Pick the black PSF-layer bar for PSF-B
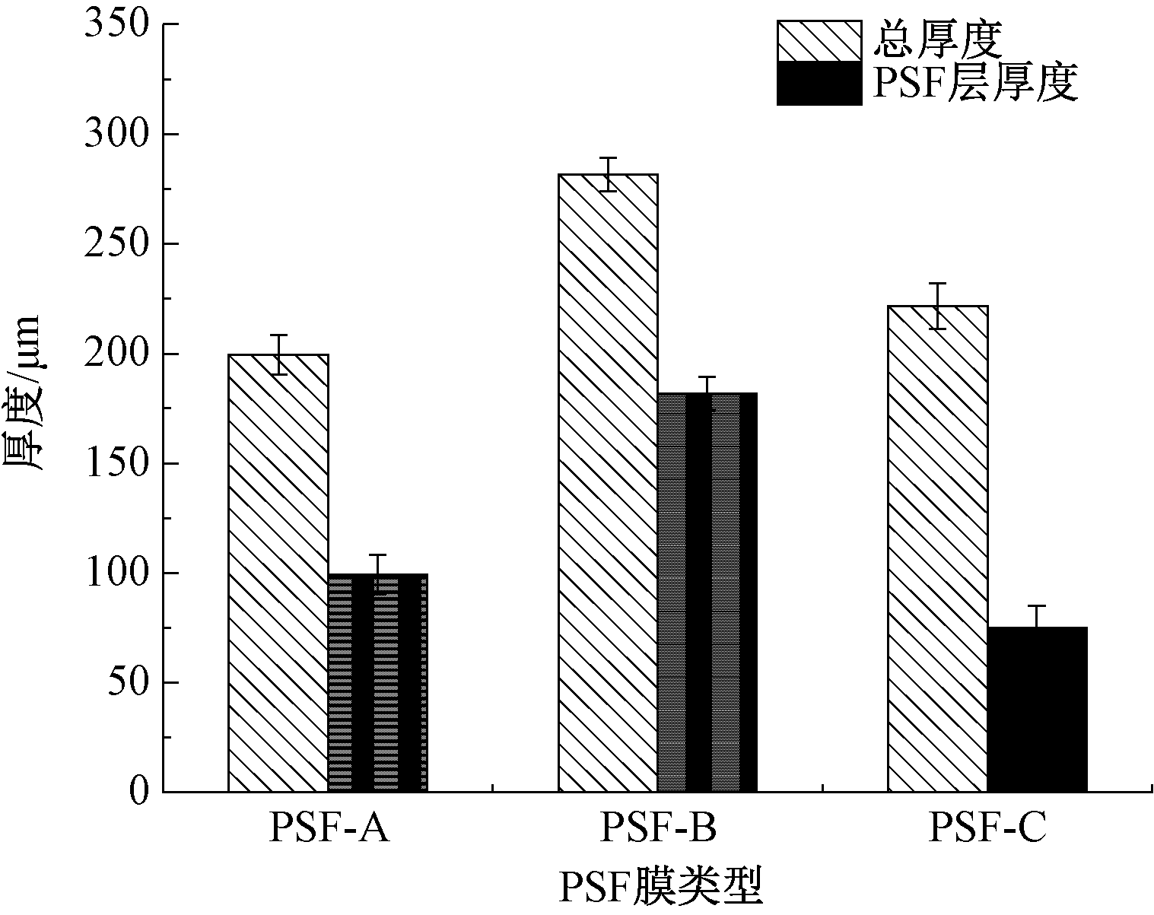(x=707, y=593)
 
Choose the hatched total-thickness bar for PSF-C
(x=938, y=548)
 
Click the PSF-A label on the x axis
(x=329, y=829)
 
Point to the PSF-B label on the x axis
(x=658, y=829)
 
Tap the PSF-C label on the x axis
(x=987, y=829)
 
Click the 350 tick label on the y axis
(x=115, y=24)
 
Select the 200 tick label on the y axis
(x=115, y=354)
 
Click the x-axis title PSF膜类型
(x=660, y=887)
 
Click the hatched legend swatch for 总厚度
(x=819, y=40)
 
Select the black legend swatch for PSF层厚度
(x=819, y=83)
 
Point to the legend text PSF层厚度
(x=975, y=83)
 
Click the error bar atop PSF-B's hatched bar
(x=608, y=174)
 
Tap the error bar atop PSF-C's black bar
(x=1037, y=616)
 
